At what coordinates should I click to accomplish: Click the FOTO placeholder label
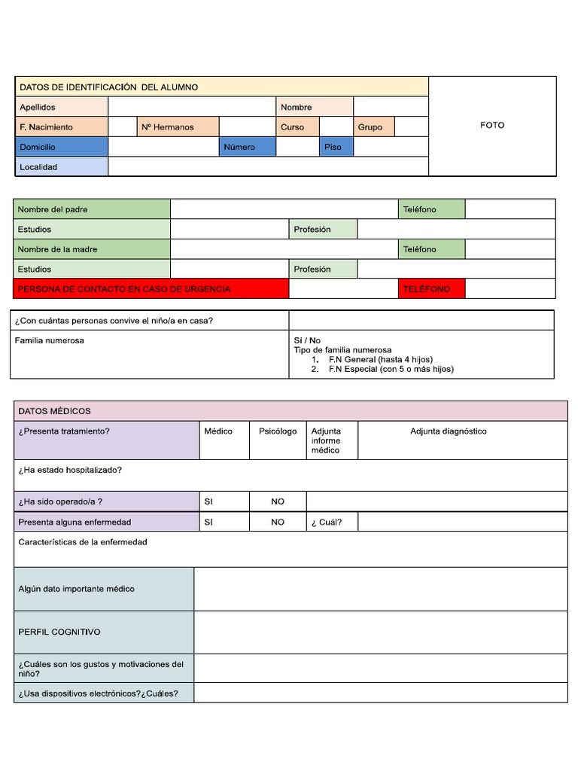(492, 125)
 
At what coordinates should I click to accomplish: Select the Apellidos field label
(38, 107)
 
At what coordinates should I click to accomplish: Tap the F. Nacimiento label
(47, 127)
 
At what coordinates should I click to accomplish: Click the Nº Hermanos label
(167, 127)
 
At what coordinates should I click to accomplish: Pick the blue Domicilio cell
(38, 148)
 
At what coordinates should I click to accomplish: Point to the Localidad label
(38, 167)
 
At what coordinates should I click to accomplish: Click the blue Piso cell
(333, 148)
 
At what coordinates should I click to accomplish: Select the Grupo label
(370, 127)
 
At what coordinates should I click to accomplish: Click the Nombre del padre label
(53, 209)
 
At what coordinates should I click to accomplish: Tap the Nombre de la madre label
(58, 249)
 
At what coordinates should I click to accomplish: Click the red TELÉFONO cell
(427, 289)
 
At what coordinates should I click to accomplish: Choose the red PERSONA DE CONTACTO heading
(124, 289)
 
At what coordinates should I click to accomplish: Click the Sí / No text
(307, 340)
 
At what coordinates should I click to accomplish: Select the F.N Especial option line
(391, 369)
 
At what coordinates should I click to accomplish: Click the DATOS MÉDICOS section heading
(54, 411)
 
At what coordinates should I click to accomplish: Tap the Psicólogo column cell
(278, 431)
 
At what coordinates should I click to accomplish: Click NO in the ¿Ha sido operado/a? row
(278, 501)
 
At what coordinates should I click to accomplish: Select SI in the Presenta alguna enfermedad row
(208, 522)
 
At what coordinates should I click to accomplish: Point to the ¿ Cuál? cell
(326, 522)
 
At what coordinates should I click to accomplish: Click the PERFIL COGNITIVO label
(59, 632)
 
